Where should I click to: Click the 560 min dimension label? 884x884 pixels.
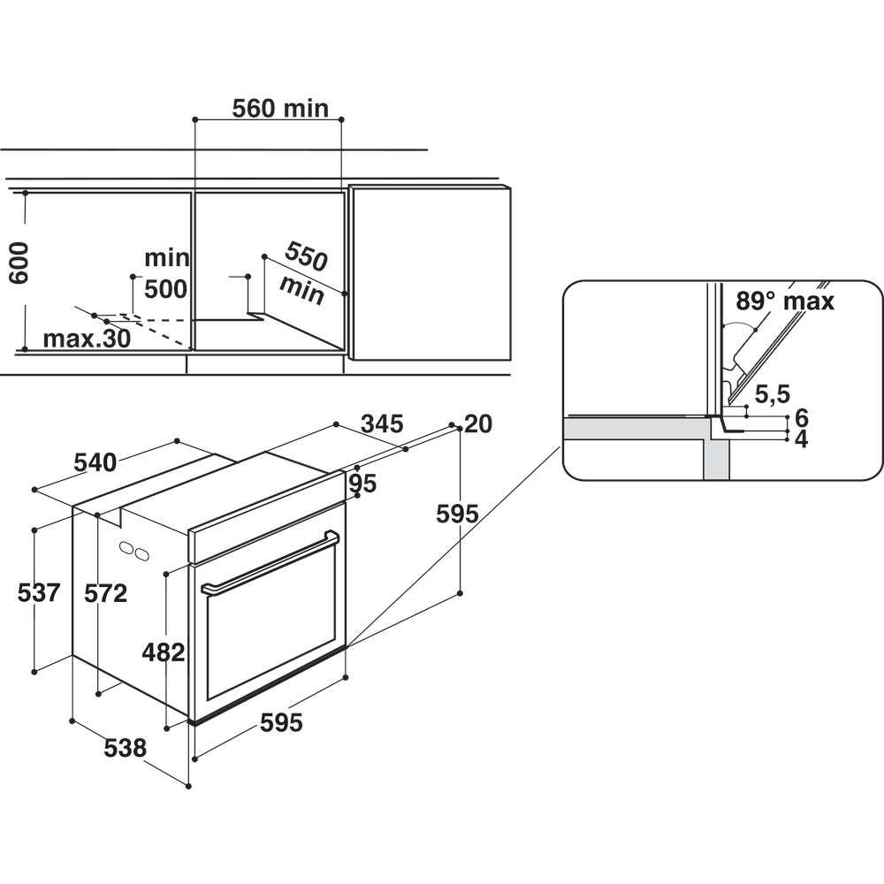279,108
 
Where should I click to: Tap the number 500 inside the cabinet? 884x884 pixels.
165,289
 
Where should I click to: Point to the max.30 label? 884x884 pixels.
86,339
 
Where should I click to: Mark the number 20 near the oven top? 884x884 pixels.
477,424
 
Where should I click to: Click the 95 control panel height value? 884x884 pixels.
362,484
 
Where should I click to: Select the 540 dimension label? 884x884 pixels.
94,462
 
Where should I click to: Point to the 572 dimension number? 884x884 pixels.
106,592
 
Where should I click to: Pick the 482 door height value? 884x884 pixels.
164,652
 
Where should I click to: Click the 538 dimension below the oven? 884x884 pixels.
125,748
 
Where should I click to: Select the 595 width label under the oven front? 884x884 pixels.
281,722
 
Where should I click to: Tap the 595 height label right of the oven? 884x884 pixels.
457,514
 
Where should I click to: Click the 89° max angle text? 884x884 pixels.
784,301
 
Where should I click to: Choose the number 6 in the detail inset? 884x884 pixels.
802,417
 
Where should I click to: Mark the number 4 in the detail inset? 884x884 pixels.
802,438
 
